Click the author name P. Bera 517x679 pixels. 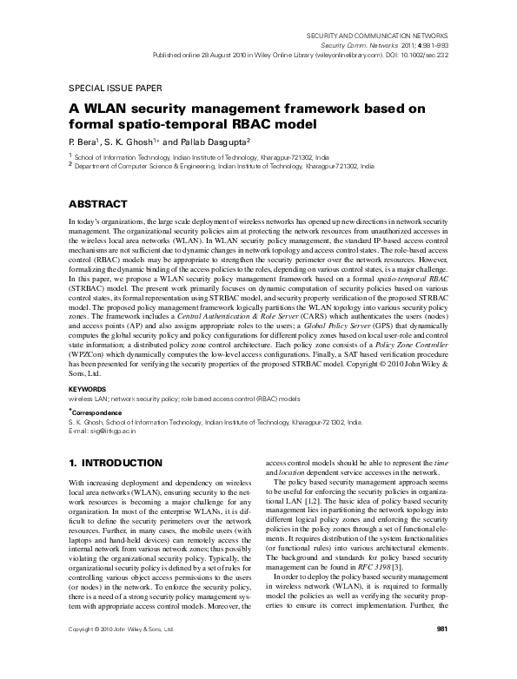84,140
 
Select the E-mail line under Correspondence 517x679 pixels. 103,432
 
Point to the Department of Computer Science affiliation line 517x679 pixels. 224,163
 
